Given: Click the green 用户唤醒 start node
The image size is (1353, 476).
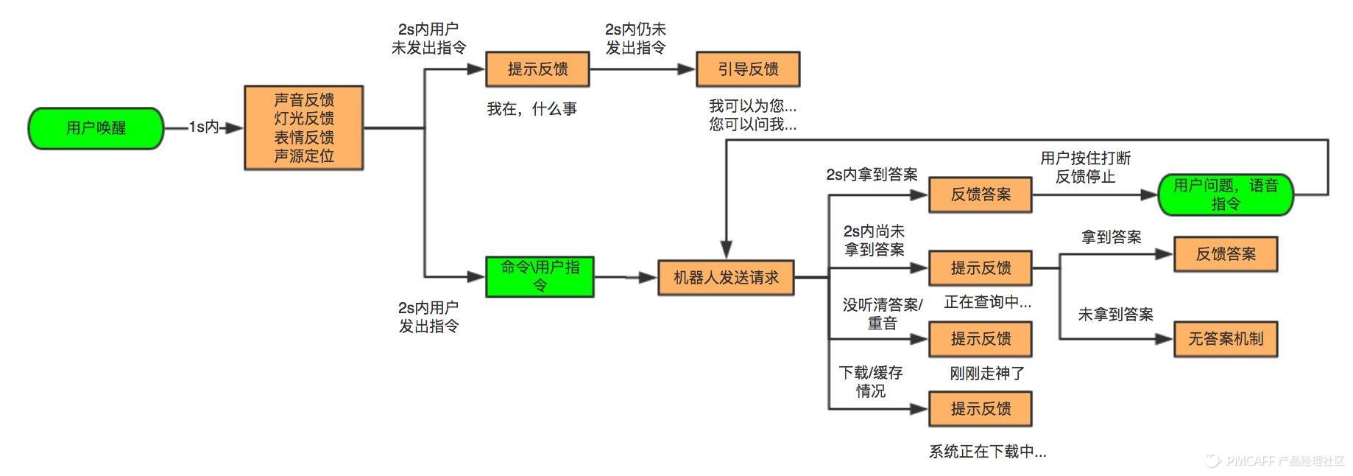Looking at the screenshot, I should tap(96, 128).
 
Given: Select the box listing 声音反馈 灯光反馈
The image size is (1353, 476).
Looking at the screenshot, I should tap(303, 128).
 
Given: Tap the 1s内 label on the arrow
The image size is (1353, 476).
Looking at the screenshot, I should tap(204, 127).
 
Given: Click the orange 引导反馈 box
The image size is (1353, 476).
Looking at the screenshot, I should tap(748, 69).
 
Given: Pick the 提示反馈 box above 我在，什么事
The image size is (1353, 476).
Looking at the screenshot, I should tap(537, 69).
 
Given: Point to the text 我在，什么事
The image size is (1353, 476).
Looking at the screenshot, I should tap(531, 109).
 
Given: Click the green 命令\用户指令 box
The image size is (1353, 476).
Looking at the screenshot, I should tap(540, 276).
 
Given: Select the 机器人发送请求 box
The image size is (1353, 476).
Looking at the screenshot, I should tap(726, 278).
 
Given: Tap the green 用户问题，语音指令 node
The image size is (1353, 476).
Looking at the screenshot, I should tap(1225, 195).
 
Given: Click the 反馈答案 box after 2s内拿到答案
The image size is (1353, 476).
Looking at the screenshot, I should tap(980, 195).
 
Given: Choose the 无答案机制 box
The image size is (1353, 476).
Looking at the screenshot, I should tap(1225, 339).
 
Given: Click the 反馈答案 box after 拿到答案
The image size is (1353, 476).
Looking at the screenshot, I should tap(1225, 254).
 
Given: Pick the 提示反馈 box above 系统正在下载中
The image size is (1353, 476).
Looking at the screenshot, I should tap(980, 409).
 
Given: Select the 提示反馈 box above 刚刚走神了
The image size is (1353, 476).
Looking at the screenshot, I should tap(980, 339).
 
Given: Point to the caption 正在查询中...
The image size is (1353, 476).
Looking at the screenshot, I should tap(987, 302).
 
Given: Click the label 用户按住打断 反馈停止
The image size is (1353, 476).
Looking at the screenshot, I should tap(1085, 167).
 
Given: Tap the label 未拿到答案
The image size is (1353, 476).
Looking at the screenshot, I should tap(1115, 315).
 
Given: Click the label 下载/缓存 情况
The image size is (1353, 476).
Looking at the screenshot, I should tap(871, 382).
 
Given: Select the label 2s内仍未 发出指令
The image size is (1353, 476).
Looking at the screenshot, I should tap(635, 38).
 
